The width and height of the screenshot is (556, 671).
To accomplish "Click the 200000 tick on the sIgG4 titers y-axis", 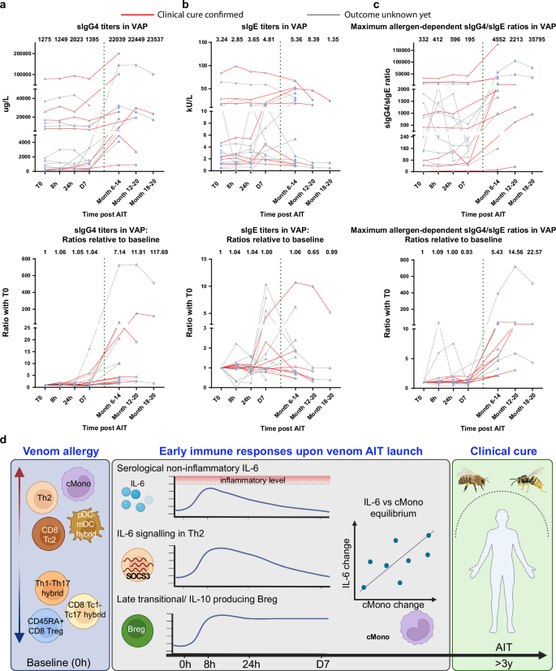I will click(27, 54).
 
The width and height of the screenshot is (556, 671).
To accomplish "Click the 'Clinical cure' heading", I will click(497, 454).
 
